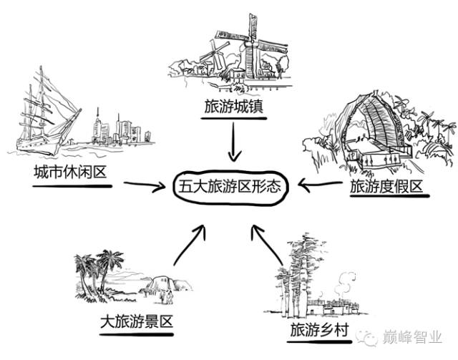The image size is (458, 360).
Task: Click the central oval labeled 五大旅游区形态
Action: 230,188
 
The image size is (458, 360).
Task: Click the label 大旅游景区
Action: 137,321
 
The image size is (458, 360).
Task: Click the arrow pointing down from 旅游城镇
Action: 230,142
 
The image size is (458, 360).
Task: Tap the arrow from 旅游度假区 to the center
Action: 320,187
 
